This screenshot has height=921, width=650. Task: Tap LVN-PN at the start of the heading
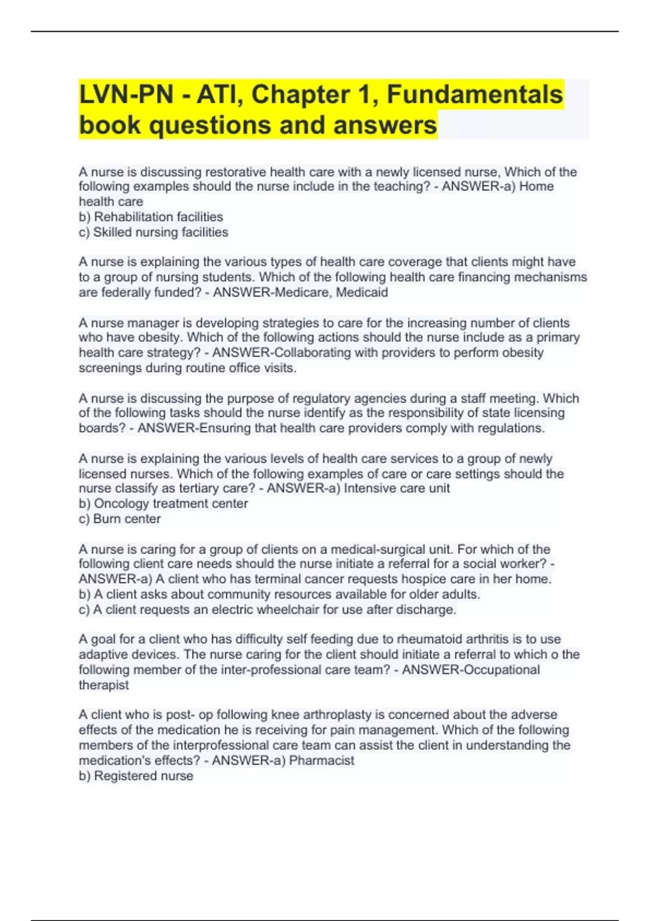[126, 94]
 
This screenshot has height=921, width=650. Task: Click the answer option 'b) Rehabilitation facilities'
[151, 217]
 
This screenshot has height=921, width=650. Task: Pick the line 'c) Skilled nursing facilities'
[153, 232]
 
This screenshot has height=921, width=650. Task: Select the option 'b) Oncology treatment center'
[163, 503]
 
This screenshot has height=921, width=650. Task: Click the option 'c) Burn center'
[120, 518]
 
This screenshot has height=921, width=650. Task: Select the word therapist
[103, 685]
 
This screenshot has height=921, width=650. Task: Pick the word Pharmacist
[322, 760]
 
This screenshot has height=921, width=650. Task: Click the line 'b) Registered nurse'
[136, 776]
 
